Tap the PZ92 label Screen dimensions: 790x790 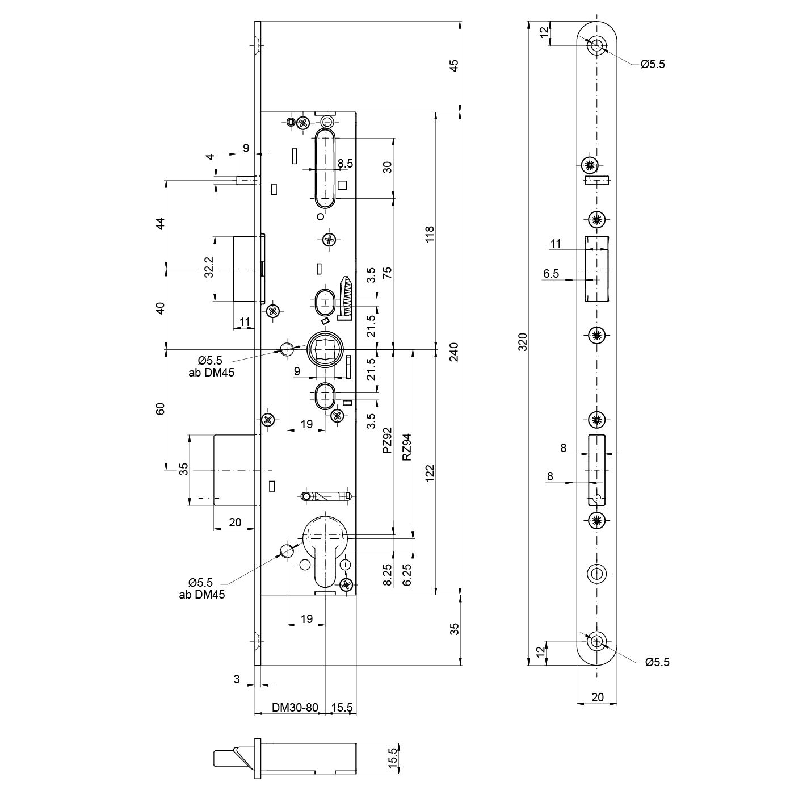387,440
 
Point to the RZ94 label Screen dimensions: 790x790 406,447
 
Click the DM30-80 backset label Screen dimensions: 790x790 295,708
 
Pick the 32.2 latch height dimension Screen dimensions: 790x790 208,267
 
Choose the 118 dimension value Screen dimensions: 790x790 429,235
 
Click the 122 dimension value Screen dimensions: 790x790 429,474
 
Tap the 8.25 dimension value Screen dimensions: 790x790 387,575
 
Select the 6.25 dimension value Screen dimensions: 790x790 406,575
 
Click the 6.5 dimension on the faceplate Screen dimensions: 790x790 551,274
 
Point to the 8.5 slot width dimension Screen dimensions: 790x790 345,164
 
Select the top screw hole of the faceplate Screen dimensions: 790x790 596,45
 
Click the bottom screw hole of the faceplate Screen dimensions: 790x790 596,642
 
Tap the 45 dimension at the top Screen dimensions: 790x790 455,66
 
